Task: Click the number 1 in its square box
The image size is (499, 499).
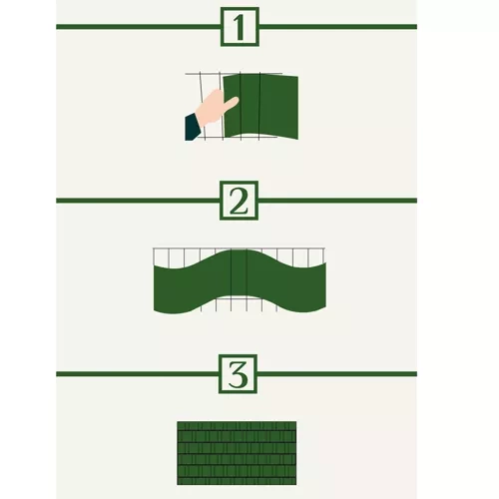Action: pos(239,28)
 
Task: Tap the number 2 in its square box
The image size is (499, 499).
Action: pos(239,202)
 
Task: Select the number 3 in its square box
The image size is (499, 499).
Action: pos(239,374)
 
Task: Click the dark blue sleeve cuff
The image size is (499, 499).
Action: pos(193,127)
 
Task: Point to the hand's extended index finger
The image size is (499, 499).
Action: pos(232,102)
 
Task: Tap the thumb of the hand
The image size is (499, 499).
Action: pos(217,95)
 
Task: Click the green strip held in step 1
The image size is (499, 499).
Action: pos(260,107)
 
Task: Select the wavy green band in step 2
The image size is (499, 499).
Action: pos(240,281)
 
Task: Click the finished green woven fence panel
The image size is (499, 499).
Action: pos(237,453)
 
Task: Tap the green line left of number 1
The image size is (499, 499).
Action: pos(138,27)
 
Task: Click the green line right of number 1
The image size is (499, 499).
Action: pos(338,27)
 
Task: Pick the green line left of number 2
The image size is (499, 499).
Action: pos(138,201)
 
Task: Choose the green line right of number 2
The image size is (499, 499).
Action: pos(337,201)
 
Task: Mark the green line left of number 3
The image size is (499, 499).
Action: pos(137,374)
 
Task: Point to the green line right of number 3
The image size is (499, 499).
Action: pos(337,374)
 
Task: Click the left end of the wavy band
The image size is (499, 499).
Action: pos(154,287)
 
